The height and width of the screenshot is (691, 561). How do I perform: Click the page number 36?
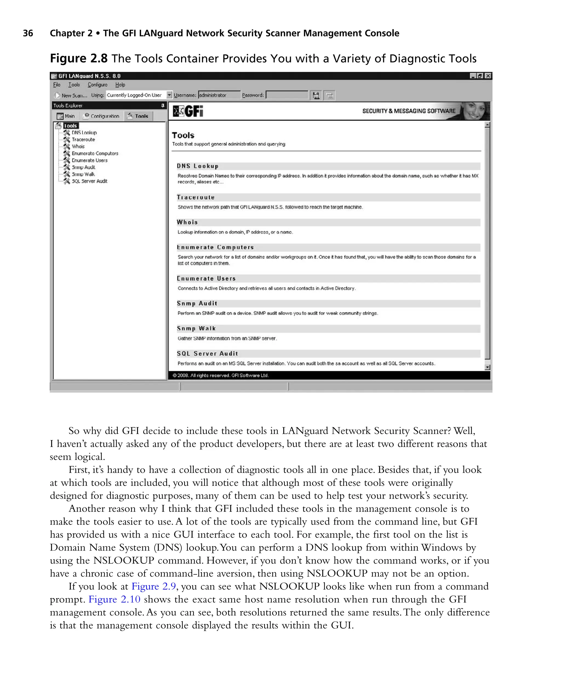[x=28, y=33]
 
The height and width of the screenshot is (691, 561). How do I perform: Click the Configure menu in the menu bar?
[x=97, y=85]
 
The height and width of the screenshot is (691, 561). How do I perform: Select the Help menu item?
[x=120, y=85]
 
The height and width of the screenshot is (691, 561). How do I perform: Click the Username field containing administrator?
[x=219, y=95]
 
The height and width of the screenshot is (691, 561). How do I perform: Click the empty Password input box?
[x=287, y=95]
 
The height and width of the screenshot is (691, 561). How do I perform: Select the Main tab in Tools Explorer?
[x=66, y=116]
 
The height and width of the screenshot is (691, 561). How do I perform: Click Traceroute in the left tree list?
[x=83, y=140]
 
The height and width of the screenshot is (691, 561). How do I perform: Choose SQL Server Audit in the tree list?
[x=89, y=181]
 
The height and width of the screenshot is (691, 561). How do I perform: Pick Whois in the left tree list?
[x=78, y=146]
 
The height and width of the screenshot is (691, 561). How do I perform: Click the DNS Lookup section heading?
[x=198, y=166]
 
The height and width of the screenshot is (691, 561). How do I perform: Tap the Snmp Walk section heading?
[x=196, y=328]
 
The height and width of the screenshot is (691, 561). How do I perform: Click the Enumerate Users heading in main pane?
[x=206, y=278]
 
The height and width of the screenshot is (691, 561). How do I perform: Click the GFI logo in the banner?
[x=188, y=111]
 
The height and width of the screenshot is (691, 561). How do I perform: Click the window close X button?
[x=488, y=76]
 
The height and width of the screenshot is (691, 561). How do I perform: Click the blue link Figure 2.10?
[x=115, y=599]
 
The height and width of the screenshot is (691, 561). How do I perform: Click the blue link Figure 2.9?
[x=153, y=586]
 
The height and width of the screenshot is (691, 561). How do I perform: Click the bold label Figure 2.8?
[x=79, y=59]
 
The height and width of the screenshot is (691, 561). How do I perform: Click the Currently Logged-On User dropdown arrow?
[x=169, y=95]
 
